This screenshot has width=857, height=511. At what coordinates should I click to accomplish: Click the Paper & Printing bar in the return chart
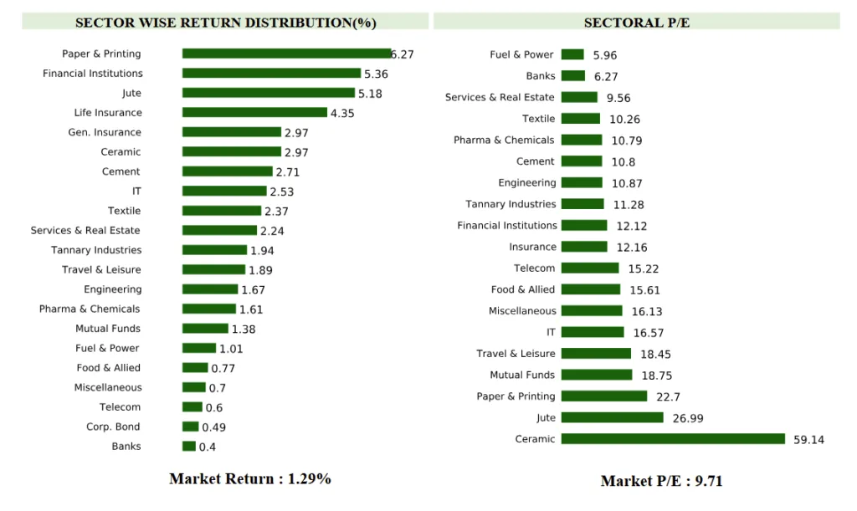tap(286, 54)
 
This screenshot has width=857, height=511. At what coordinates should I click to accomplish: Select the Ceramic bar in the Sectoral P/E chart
tap(673, 439)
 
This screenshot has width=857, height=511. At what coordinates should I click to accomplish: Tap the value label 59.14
tap(808, 440)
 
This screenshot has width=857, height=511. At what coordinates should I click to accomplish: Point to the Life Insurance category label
tap(108, 113)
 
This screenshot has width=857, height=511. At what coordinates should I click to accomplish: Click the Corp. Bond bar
tap(190, 427)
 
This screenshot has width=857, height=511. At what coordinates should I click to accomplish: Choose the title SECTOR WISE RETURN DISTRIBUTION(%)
tap(225, 23)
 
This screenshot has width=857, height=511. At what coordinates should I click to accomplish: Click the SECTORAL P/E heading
tap(637, 23)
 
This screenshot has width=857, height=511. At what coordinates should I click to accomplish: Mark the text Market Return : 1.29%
tap(249, 479)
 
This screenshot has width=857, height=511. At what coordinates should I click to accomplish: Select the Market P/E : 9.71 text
tap(661, 481)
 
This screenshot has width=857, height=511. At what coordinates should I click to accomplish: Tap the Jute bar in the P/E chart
tap(612, 417)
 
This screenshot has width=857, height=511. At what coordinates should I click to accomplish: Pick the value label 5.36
tap(376, 74)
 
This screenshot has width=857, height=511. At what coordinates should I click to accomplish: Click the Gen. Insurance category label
tap(105, 132)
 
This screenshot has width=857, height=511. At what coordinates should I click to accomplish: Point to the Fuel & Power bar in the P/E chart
tap(572, 54)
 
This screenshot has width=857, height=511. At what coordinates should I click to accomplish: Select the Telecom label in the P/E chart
tap(534, 268)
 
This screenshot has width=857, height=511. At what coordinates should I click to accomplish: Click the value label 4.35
tap(342, 114)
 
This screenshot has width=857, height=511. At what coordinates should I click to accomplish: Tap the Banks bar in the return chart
tap(189, 447)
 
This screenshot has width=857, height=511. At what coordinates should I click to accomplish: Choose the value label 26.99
tap(688, 418)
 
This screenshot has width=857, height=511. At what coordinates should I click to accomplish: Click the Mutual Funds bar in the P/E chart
tap(597, 375)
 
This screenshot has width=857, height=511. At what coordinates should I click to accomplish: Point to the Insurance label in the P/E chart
tap(532, 247)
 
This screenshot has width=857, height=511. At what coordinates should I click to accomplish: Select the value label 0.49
tap(213, 427)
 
